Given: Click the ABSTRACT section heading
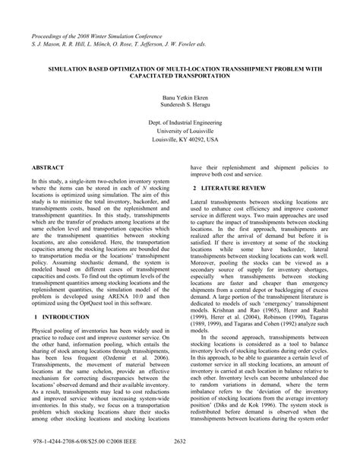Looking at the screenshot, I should coord(48,166).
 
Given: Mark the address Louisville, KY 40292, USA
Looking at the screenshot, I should coord(180,141).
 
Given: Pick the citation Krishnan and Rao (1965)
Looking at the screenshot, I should coord(241,290).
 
